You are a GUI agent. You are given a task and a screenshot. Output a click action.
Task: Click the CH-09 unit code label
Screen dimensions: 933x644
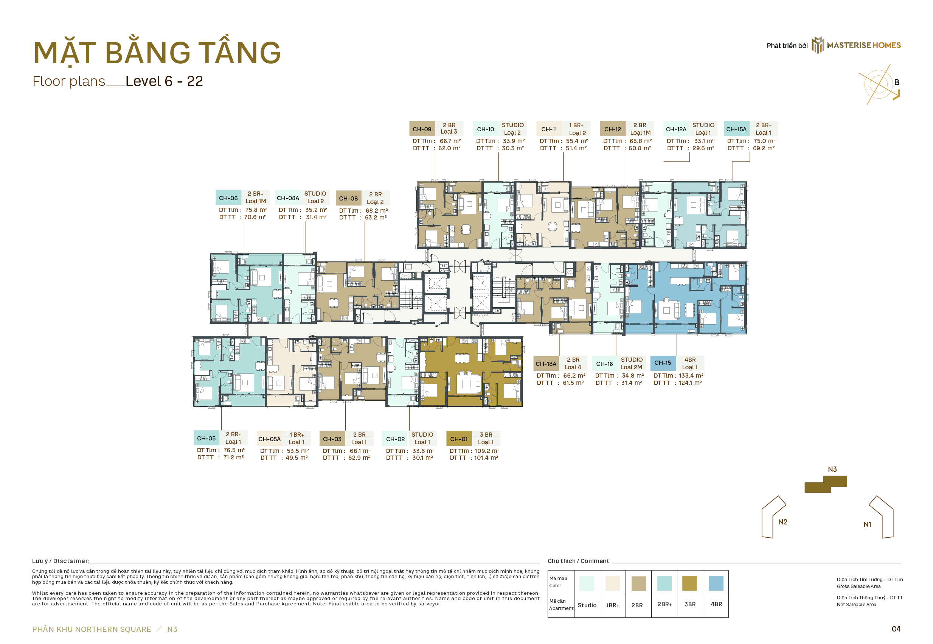422,129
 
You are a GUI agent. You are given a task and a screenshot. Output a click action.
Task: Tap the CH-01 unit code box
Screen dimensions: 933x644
459,439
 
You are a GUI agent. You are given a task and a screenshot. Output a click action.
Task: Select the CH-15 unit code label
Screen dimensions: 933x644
663,363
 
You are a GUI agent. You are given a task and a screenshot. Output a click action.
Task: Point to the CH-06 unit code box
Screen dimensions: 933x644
228,198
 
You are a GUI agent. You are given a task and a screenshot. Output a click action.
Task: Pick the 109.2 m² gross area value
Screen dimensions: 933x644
487,451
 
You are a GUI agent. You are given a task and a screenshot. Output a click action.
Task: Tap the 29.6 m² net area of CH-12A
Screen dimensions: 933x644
703,148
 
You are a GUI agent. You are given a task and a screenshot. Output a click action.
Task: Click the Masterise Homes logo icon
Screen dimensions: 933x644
818,45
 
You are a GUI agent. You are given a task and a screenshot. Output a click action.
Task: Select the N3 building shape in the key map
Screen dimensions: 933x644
825,484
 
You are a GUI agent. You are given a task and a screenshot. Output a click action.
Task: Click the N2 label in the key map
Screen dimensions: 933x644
782,522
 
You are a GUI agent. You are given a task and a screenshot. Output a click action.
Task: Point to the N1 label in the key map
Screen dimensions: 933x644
867,524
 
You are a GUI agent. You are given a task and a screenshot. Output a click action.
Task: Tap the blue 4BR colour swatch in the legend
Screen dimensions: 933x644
716,583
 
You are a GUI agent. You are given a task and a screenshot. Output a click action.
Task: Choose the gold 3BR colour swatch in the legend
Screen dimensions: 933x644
690,583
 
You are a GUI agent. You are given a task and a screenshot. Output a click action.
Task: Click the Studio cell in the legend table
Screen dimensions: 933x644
587,605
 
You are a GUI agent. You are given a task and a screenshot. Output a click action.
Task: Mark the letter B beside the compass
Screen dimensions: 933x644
897,82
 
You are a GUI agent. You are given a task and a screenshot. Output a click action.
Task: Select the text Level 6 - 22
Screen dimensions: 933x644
164,81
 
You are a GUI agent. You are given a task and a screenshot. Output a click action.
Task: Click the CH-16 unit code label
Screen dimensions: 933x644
604,364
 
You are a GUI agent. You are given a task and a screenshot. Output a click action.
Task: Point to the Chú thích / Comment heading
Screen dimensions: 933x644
578,561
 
